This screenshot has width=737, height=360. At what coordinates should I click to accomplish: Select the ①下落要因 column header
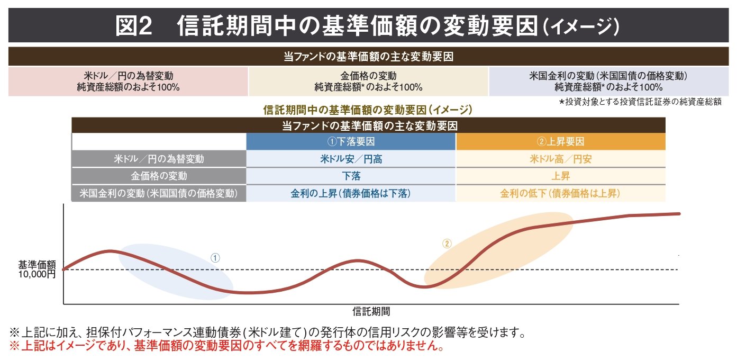coord(351,142)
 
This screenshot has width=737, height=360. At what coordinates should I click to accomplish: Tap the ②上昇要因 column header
coord(560,142)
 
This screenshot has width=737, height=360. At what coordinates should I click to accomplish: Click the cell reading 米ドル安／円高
coord(351,159)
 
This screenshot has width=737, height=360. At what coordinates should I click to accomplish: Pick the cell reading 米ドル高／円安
coord(560,159)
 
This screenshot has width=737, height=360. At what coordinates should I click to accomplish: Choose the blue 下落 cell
coord(351,176)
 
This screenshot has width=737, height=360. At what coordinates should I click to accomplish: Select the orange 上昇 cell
coord(560,176)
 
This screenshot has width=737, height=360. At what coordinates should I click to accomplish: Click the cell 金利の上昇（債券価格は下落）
coord(351,193)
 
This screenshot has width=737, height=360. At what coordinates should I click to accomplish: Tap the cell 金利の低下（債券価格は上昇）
coord(560,193)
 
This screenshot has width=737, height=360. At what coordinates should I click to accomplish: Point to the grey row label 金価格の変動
coord(159,176)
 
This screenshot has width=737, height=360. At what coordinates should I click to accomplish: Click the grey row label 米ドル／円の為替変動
coord(159,159)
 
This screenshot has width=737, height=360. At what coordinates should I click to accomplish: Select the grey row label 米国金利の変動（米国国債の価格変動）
coord(159,193)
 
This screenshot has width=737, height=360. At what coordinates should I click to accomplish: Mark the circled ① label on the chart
coord(215,258)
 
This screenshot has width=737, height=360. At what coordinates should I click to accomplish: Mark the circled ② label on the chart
coord(447,244)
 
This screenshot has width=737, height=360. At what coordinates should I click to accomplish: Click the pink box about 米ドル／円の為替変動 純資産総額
coord(128,82)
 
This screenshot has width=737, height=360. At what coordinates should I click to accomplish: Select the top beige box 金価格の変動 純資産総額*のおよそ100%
coord(368,82)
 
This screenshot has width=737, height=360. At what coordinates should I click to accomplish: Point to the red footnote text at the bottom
coord(225,347)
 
